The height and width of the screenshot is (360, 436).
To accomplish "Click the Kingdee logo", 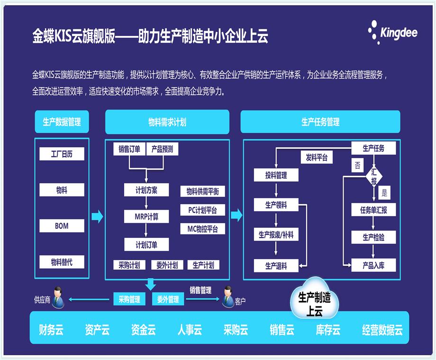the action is (392, 32).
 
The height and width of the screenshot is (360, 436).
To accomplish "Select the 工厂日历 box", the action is (62, 154).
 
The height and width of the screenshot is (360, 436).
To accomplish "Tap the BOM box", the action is (62, 226).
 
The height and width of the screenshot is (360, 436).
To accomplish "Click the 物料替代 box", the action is (62, 262).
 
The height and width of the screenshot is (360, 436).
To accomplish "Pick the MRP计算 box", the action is (146, 216).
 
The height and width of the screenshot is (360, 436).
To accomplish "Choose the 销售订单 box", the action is (129, 149).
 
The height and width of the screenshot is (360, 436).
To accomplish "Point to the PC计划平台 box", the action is (202, 210).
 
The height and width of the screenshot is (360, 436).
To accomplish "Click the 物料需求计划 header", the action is (167, 122).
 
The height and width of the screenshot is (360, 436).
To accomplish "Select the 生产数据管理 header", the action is (62, 122).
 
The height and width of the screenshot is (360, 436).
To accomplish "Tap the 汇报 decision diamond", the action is (374, 176).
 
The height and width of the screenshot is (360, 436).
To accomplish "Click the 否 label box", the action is (357, 165).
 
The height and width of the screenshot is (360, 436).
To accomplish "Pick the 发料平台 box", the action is (317, 158).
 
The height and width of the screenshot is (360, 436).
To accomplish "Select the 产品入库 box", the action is (373, 265).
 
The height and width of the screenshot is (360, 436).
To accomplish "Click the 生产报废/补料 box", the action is (276, 234).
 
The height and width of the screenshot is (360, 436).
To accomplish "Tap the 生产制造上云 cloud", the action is (314, 298).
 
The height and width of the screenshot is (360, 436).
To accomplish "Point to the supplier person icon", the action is (58, 297).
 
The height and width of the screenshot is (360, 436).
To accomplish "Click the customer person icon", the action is (228, 297).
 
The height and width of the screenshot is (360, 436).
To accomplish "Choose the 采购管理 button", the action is (129, 299).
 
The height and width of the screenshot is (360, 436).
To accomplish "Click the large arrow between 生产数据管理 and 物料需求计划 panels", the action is (97, 216).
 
